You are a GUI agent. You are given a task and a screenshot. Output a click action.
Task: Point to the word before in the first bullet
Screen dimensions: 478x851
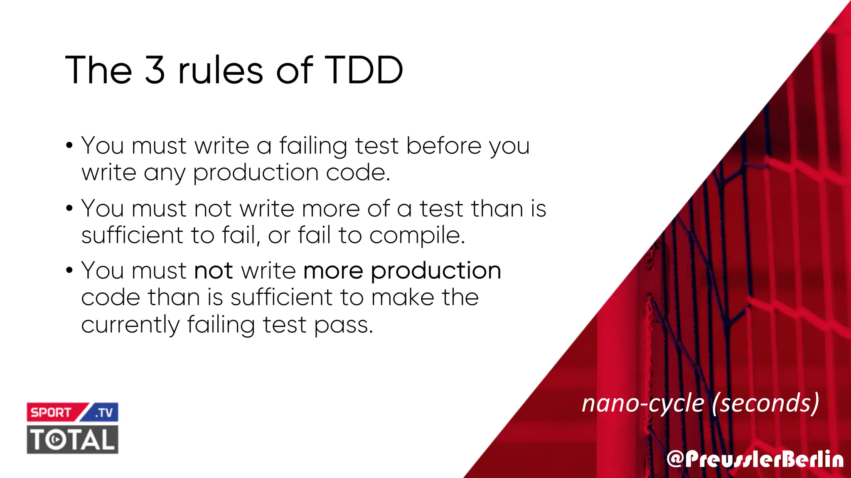coord(443,146)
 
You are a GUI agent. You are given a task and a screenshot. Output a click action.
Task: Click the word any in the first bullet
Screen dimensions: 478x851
coord(164,173)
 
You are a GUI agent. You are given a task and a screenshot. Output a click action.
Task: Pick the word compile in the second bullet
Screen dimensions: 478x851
coord(416,236)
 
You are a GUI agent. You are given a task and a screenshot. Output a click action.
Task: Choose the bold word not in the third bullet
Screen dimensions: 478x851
coord(213,271)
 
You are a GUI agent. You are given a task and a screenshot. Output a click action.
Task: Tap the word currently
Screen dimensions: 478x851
coord(130,325)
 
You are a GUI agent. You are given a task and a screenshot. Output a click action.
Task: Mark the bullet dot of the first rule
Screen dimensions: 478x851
coord(69,146)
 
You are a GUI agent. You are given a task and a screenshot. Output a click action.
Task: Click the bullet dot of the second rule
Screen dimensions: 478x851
coord(69,209)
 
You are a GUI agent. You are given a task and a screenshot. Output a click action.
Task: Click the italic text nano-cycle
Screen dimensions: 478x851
coord(643,403)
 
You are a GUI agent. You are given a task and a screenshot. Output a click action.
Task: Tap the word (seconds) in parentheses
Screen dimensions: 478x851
coord(765,403)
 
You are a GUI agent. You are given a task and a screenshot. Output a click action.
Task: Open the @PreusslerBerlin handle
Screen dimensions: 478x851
coord(755,459)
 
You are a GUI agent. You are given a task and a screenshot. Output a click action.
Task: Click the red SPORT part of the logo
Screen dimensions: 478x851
coord(52,412)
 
